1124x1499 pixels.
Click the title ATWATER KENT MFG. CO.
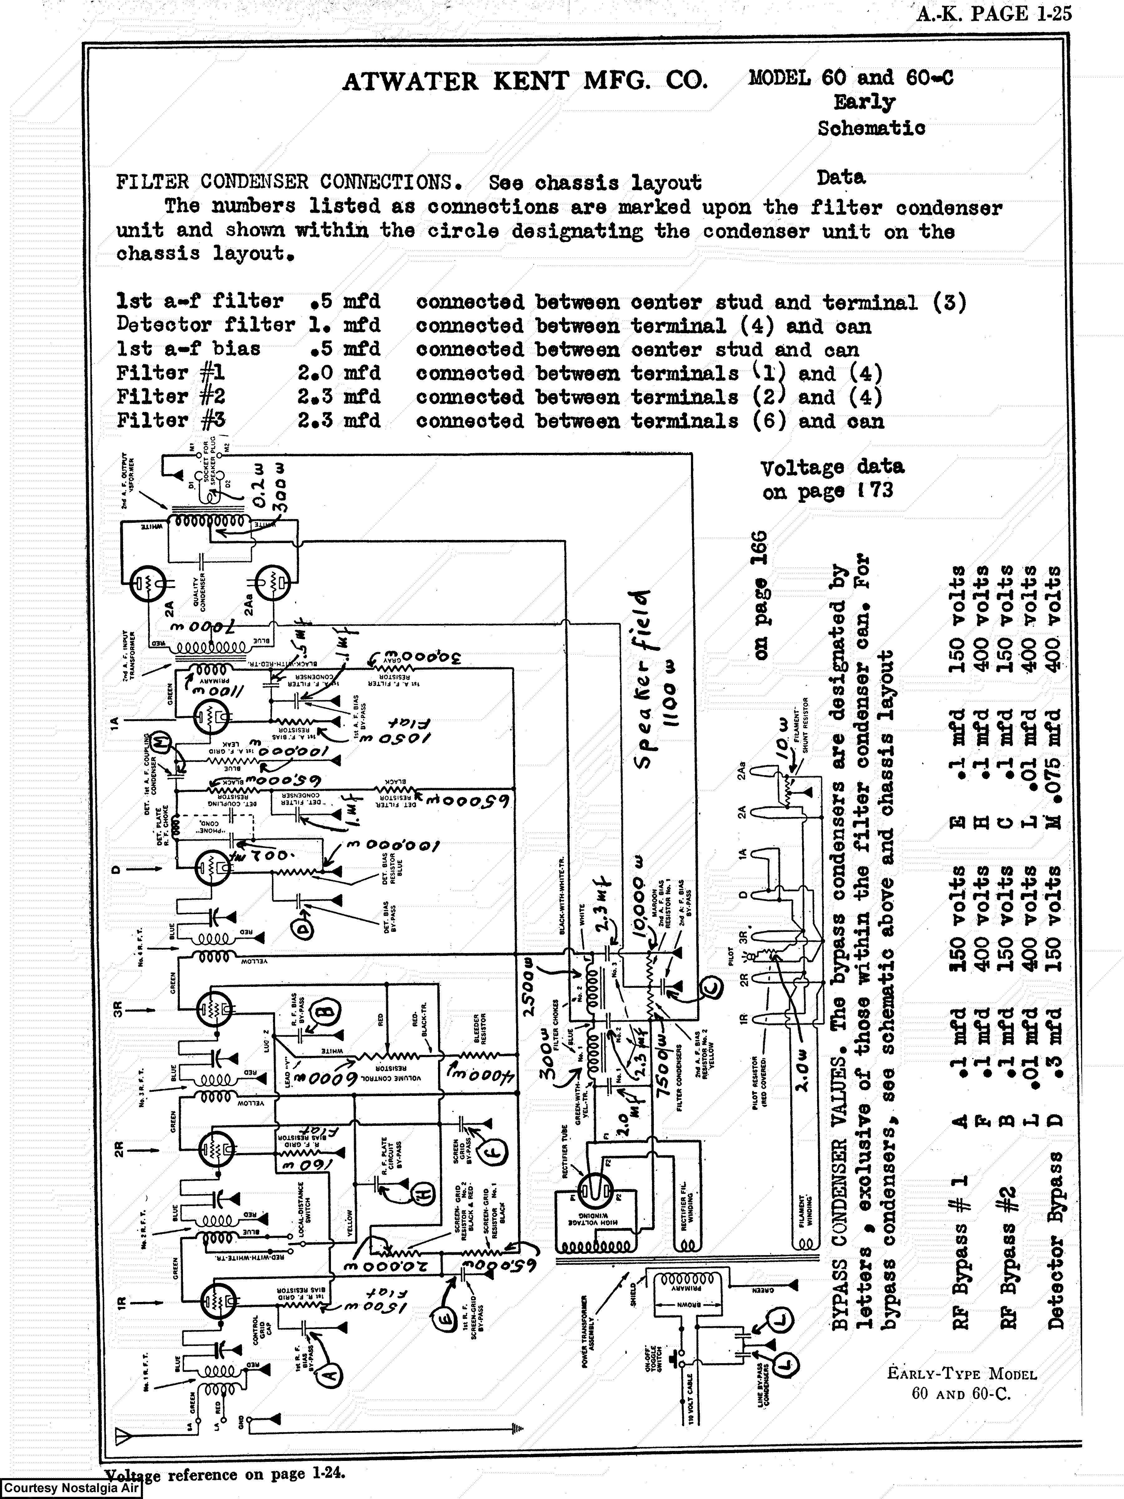(525, 81)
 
